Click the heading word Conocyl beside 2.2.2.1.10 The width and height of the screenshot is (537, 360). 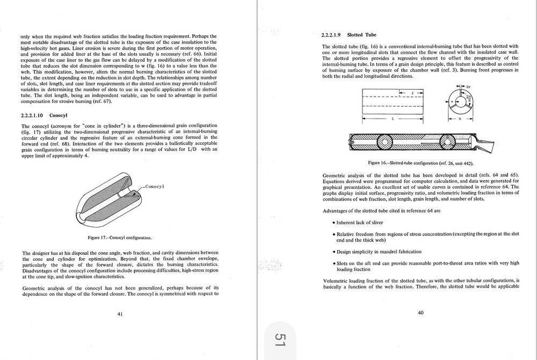[59, 115]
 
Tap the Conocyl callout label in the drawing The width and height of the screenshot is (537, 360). [155, 186]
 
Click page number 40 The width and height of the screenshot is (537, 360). [420, 314]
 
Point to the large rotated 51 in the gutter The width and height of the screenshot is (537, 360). [280, 339]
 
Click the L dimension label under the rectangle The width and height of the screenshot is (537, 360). [393, 118]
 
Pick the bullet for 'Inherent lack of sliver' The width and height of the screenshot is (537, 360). [333, 223]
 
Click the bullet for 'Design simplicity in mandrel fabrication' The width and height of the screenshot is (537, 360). [333, 252]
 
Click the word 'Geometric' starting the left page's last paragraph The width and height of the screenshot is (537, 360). [34, 288]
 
